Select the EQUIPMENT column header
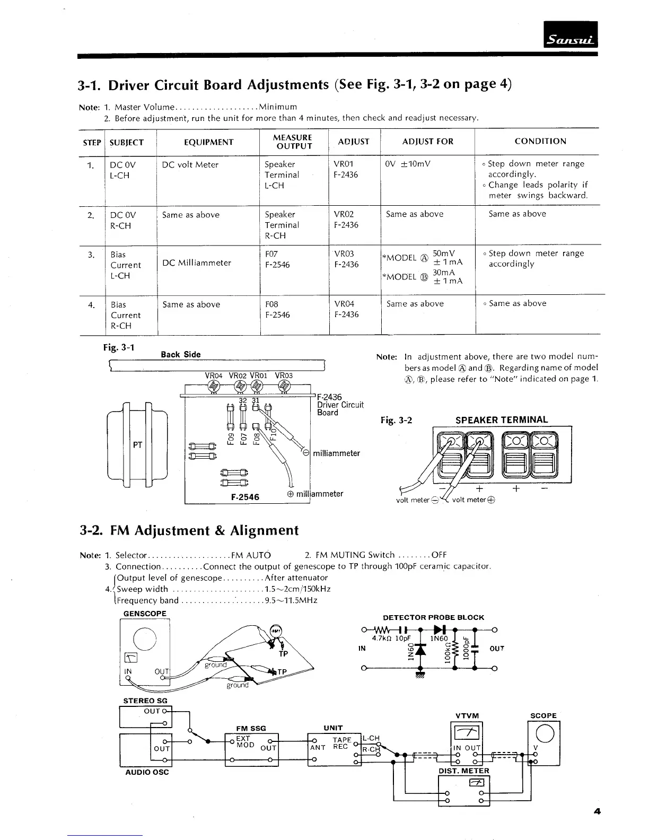pyautogui.click(x=208, y=142)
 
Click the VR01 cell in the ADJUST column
pyautogui.click(x=344, y=164)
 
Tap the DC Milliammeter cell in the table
pyautogui.click(x=197, y=263)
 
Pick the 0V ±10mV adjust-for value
pyautogui.click(x=408, y=164)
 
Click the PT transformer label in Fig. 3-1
pyautogui.click(x=137, y=445)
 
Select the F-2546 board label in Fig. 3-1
pyautogui.click(x=245, y=497)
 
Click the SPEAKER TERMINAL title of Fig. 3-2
pyautogui.click(x=502, y=419)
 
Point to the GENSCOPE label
pyautogui.click(x=145, y=614)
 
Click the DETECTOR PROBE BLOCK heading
pyautogui.click(x=433, y=617)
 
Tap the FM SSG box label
pyautogui.click(x=251, y=728)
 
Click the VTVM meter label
pyautogui.click(x=467, y=715)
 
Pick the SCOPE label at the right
pyautogui.click(x=543, y=715)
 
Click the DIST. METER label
pyautogui.click(x=463, y=771)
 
